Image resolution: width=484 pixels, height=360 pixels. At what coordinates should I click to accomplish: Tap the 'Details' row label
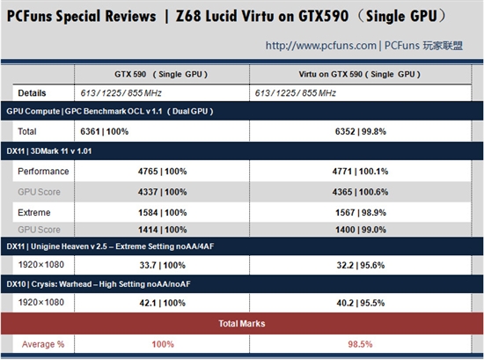(x=33, y=92)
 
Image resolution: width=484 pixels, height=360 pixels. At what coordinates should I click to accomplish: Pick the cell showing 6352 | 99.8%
(x=362, y=130)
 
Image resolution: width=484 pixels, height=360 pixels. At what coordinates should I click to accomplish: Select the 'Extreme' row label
(x=34, y=212)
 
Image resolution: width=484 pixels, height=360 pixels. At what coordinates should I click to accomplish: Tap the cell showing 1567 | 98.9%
(x=362, y=212)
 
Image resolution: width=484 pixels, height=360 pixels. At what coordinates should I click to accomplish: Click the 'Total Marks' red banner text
(x=242, y=324)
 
